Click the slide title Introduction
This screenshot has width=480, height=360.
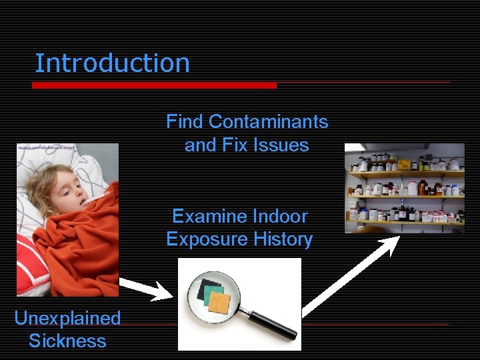pyautogui.click(x=112, y=63)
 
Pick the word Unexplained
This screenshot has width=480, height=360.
pyautogui.click(x=67, y=319)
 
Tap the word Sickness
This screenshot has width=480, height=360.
pyautogui.click(x=67, y=341)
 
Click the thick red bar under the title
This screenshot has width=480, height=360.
pyautogui.click(x=154, y=85)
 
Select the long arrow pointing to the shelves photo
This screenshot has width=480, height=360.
pyautogui.click(x=350, y=274)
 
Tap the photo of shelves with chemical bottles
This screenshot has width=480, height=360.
pyautogui.click(x=404, y=188)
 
